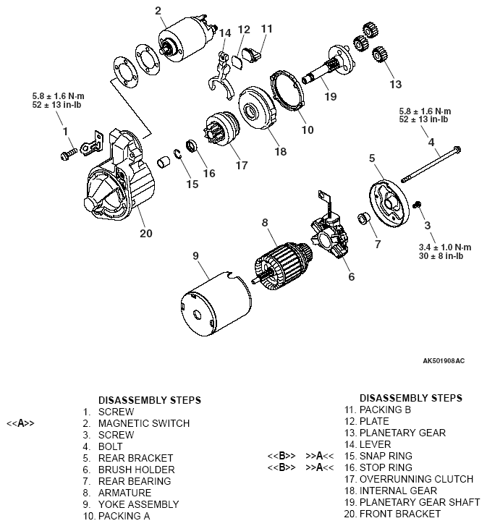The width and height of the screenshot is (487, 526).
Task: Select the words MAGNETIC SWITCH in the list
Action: click(x=143, y=423)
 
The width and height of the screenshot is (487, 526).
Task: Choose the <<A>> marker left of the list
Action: click(x=20, y=423)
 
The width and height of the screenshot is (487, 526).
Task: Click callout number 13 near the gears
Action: click(x=395, y=85)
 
